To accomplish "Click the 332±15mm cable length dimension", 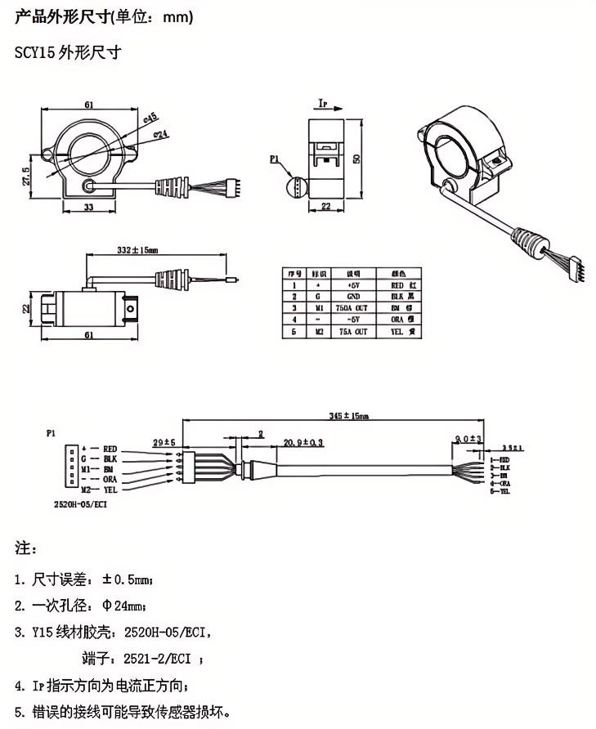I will pos(137,249).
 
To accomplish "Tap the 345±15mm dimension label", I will pos(350,415).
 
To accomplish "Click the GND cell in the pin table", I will pos(353,296).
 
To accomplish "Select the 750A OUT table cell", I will pos(353,308).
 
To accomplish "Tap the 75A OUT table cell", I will pos(353,333).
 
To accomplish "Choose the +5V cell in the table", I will pos(353,284).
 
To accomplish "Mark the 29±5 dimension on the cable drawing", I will pos(165,441).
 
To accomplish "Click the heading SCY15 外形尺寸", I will pos(68,53).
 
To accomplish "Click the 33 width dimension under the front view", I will pos(87,208).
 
